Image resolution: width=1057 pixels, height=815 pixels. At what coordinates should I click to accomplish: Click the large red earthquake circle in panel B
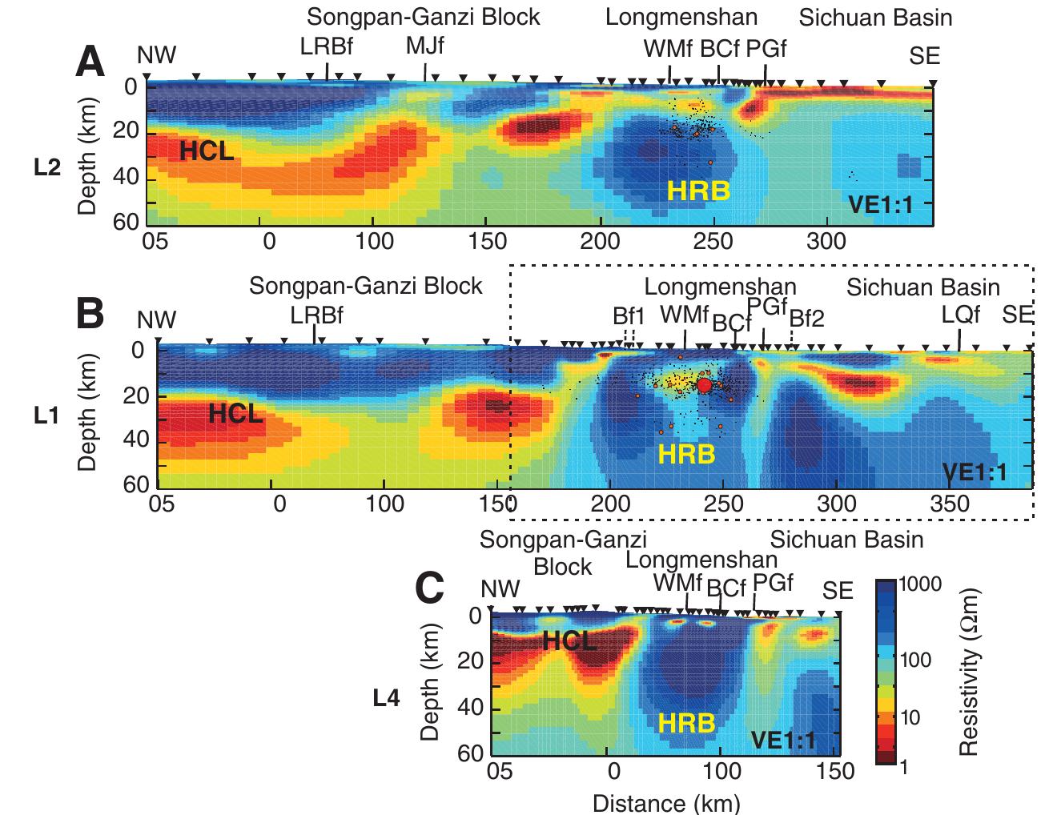(x=704, y=385)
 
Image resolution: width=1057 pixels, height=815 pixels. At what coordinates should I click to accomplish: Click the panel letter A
(x=90, y=62)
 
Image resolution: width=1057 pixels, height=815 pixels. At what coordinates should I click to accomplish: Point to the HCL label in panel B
(x=235, y=414)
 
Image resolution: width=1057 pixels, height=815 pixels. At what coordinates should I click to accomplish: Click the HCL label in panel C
(x=569, y=640)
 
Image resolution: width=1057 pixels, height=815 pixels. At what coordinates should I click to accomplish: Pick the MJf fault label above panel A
(x=424, y=46)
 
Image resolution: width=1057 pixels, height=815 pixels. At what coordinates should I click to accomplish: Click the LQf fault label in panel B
(x=960, y=315)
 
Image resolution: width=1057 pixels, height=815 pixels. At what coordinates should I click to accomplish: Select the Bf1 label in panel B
(x=629, y=316)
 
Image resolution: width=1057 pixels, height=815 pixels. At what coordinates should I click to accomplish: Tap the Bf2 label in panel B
(x=806, y=318)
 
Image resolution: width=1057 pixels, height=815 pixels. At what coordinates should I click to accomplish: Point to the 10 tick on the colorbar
(x=911, y=717)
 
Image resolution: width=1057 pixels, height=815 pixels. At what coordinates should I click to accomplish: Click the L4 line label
(x=387, y=698)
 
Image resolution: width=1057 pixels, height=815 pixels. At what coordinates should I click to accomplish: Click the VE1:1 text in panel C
(x=782, y=741)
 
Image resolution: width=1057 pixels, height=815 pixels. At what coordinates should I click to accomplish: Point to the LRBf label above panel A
(x=327, y=46)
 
